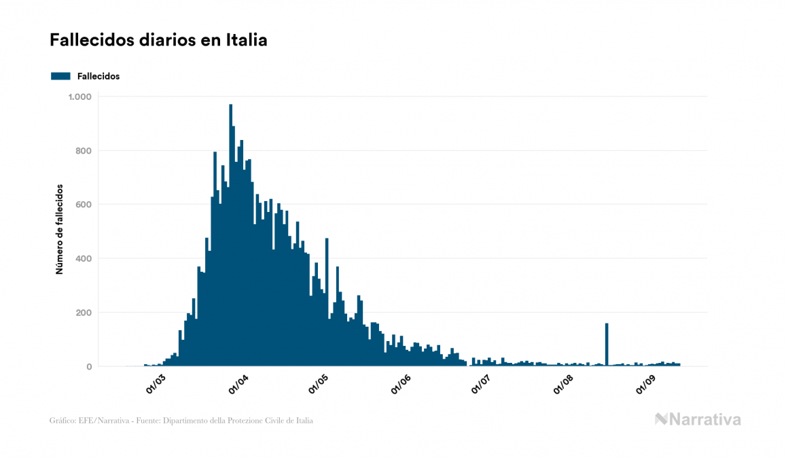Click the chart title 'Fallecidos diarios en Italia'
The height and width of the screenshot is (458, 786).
pos(158,40)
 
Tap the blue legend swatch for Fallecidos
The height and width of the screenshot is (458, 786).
pos(60,76)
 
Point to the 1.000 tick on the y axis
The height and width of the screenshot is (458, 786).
pos(79,96)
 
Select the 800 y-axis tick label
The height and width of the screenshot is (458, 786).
pos(84,150)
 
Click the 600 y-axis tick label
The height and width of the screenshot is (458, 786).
pos(84,205)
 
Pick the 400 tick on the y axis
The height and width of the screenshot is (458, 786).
pos(84,258)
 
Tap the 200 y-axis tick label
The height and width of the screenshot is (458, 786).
pos(84,313)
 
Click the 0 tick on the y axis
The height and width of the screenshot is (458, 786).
pos(88,367)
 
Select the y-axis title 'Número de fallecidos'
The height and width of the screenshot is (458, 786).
pos(59,229)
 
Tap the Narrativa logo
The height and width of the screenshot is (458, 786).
pos(698,419)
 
